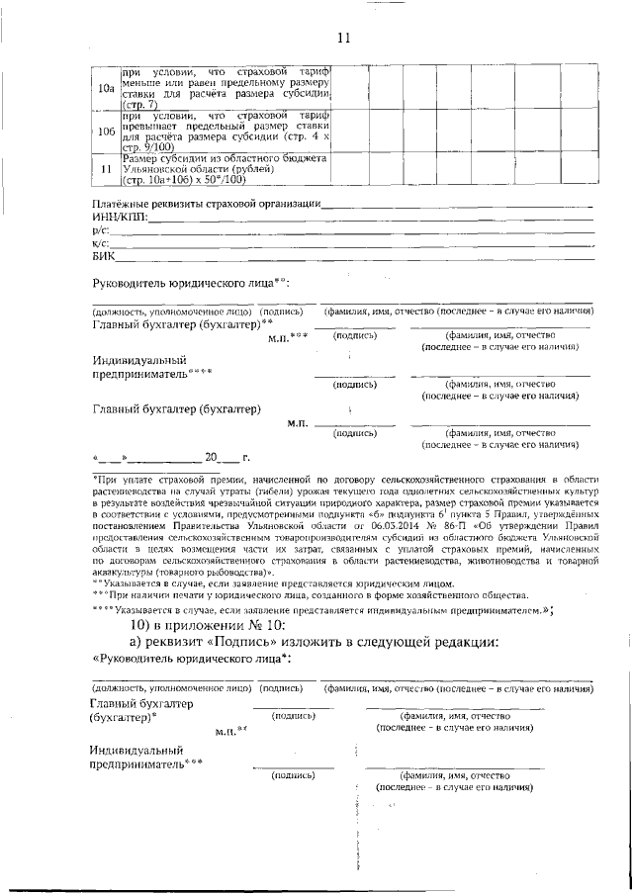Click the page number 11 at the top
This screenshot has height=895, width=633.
[x=343, y=39]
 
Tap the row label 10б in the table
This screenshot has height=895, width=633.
[x=105, y=132]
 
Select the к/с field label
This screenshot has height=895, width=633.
[x=99, y=242]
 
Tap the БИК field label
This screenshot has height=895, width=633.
[x=103, y=255]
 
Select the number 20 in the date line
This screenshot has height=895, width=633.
[x=211, y=458]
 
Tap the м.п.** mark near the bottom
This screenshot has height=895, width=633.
[x=229, y=730]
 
